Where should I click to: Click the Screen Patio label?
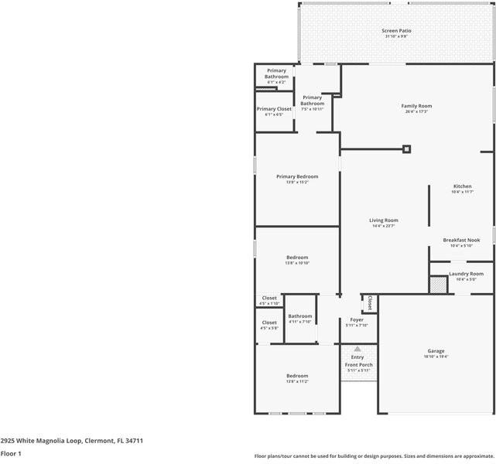(396, 31)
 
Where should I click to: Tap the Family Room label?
(416, 106)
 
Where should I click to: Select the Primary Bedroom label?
(297, 176)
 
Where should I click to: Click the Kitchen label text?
(462, 186)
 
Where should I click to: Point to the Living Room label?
(384, 220)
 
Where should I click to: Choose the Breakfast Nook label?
(461, 240)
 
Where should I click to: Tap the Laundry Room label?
(466, 274)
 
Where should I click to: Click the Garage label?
(436, 351)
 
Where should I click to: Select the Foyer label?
(357, 319)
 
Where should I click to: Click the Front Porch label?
(358, 365)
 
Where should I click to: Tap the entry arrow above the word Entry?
(357, 350)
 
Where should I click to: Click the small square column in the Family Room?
(407, 149)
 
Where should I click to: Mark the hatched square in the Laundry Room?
(438, 285)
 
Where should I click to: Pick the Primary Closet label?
(274, 109)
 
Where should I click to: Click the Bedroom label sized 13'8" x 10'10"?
(297, 258)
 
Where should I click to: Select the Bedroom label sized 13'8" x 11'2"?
(297, 376)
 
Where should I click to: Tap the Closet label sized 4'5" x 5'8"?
(269, 322)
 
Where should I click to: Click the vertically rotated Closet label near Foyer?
(370, 302)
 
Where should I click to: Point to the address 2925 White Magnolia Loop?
(72, 440)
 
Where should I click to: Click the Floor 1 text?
(11, 453)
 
